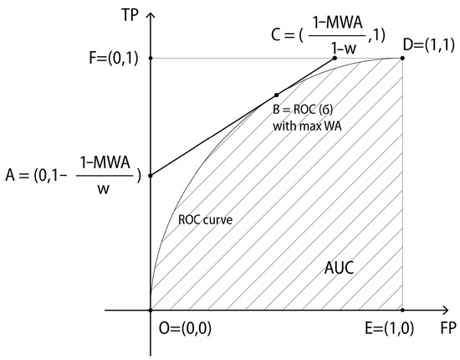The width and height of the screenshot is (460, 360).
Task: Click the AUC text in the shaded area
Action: point(342,270)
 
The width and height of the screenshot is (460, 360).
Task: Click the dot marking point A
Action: point(151,175)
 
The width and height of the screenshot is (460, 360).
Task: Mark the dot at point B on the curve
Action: point(277,95)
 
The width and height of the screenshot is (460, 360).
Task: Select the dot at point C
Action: point(335,58)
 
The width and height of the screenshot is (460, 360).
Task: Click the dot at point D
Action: point(402,58)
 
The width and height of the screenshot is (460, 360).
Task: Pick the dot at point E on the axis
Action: point(402,310)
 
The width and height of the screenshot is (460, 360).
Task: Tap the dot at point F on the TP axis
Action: point(151,58)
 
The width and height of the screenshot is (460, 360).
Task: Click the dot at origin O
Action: point(151,310)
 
